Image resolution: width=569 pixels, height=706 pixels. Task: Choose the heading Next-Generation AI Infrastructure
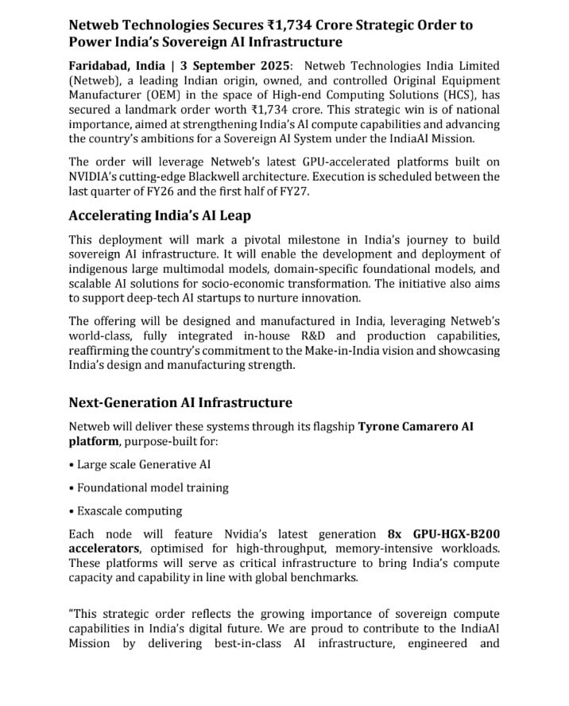pyautogui.click(x=180, y=402)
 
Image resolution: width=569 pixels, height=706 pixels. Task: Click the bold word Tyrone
pyautogui.click(x=381, y=426)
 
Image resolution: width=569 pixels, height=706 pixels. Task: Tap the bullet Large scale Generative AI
pyautogui.click(x=144, y=464)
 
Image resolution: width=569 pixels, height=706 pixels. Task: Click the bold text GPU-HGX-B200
pyautogui.click(x=456, y=533)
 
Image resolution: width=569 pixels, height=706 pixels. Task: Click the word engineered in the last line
pyautogui.click(x=436, y=642)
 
